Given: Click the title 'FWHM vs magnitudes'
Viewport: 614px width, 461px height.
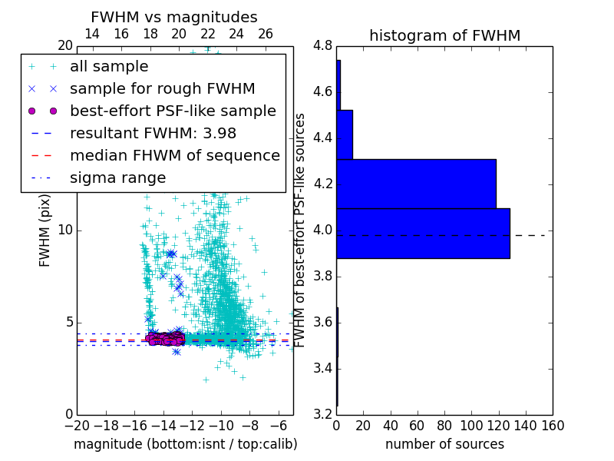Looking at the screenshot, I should coord(174,17).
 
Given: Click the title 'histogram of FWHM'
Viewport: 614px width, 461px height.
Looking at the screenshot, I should coord(444,35).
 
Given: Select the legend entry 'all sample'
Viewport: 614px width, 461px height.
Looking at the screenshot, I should coord(109,67).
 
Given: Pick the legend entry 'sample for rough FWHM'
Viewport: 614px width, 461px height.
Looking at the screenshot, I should coord(162,88).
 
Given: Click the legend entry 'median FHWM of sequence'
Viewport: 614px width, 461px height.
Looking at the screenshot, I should coord(174,155).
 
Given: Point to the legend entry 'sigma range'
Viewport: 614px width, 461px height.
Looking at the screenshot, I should coord(117,177).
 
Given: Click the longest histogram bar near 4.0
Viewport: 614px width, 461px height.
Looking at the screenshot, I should coord(423,233).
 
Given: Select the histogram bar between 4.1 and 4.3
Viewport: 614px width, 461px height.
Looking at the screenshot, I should coord(416,184).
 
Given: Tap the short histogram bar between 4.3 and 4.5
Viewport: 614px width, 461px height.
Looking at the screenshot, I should coord(345,134).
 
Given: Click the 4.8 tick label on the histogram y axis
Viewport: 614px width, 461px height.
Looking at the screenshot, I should coord(323,46).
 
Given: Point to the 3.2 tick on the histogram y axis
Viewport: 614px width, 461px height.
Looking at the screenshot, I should coord(323,414).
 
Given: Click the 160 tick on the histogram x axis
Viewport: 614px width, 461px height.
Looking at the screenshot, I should coord(553,425).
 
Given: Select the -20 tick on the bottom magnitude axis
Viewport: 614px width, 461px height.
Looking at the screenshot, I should coord(77,425).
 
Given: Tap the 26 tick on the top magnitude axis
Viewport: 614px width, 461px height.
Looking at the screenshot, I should coord(266,34).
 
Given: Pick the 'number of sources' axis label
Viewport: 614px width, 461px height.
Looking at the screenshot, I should coord(444,444).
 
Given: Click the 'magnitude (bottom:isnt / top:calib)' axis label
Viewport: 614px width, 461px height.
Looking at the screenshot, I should coord(185,444).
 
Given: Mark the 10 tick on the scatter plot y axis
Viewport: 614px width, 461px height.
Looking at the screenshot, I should coord(66,230).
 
